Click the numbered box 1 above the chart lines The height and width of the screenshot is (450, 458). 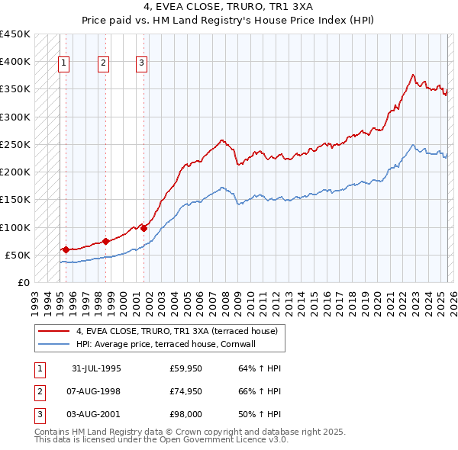tap(63, 63)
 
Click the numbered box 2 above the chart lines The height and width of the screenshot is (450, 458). tap(103, 63)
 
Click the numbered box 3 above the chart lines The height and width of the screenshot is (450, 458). tap(142, 63)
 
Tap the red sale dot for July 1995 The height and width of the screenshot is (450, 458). tap(66, 249)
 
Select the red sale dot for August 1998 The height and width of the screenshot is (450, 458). tap(105, 241)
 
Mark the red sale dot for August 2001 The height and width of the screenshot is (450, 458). tap(144, 228)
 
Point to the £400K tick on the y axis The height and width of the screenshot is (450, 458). tap(15, 62)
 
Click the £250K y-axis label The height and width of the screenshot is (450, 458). tap(15, 144)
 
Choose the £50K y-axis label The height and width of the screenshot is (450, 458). tap(18, 255)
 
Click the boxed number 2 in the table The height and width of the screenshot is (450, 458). tap(39, 392)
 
